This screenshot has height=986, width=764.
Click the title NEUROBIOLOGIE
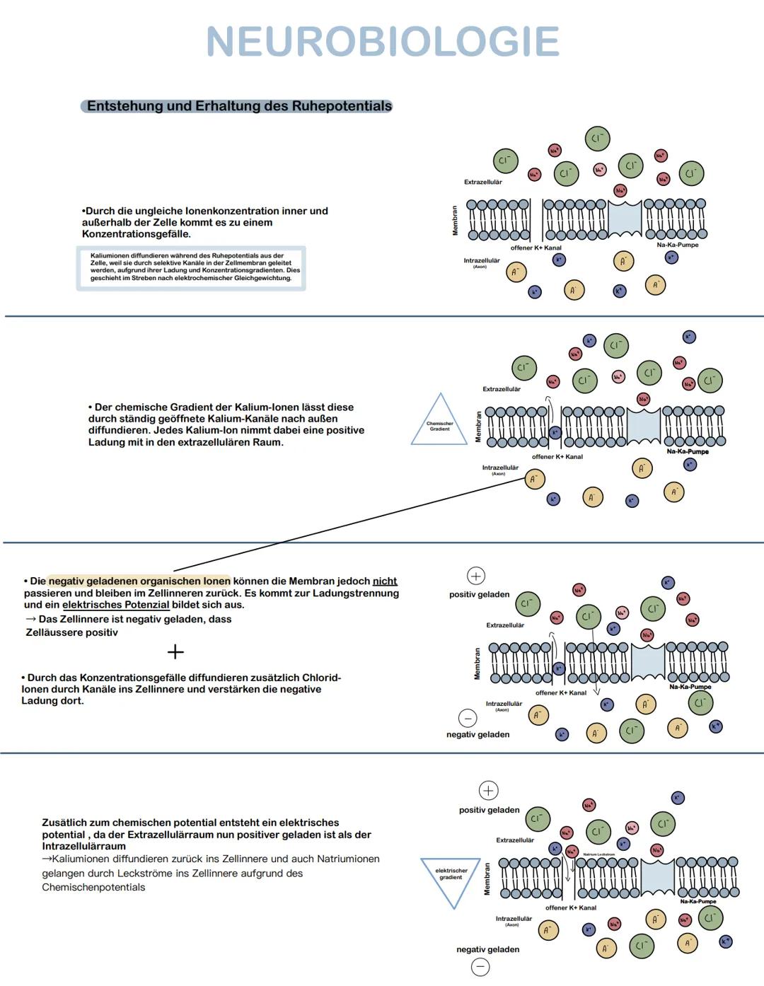[x=383, y=42]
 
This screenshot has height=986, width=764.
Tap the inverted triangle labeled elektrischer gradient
[x=451, y=877]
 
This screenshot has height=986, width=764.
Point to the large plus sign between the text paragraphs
[x=175, y=651]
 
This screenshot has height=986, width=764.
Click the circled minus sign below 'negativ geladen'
[x=480, y=967]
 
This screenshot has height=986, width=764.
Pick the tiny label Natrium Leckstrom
[x=598, y=854]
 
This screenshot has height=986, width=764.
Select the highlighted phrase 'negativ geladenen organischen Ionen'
[x=139, y=581]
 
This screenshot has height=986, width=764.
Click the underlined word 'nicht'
[x=385, y=581]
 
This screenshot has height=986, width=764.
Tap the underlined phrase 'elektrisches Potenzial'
[x=115, y=605]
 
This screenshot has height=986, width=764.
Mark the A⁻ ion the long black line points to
[x=534, y=480]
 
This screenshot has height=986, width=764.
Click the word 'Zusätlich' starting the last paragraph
[x=64, y=823]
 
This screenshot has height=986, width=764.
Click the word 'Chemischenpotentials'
[x=93, y=888]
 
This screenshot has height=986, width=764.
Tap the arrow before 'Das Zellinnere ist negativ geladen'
[x=30, y=620]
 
